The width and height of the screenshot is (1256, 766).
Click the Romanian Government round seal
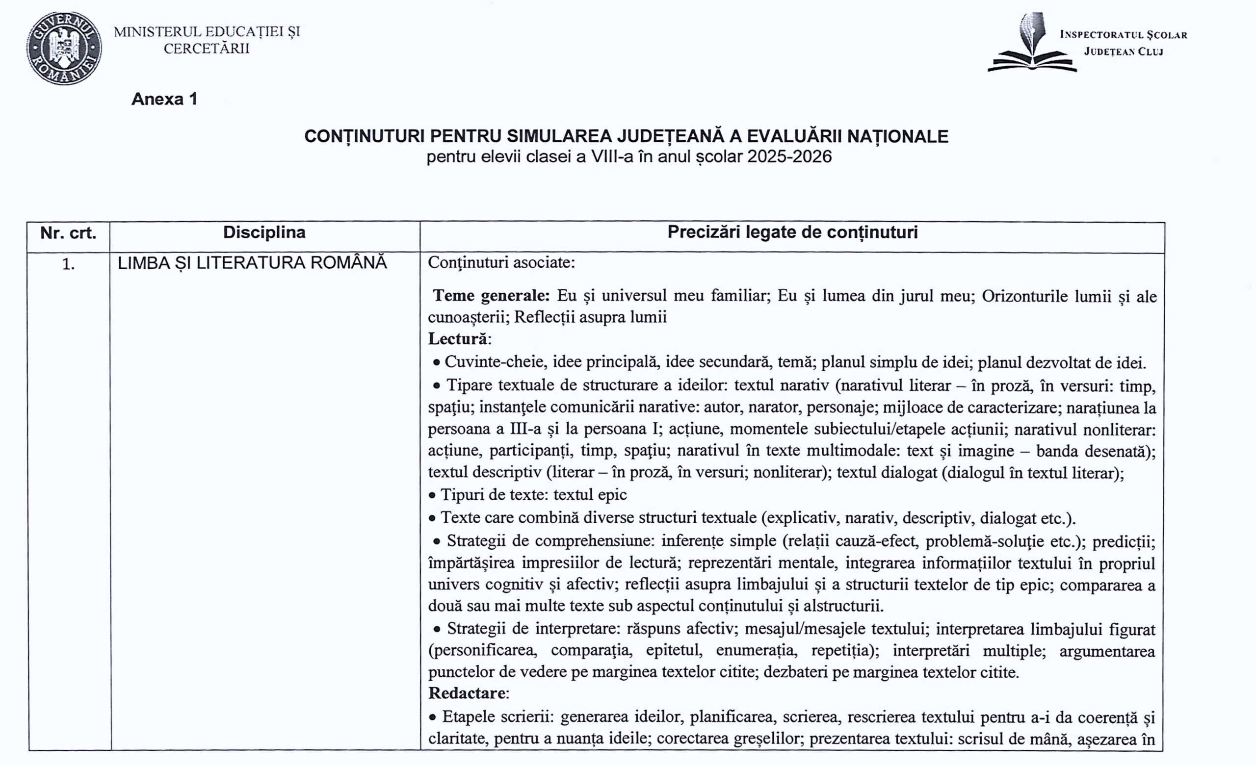64,49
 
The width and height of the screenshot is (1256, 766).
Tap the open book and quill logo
1032,43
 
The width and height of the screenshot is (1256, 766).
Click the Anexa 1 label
164,99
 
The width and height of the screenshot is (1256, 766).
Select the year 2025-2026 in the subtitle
789,156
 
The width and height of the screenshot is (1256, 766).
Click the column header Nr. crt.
68,233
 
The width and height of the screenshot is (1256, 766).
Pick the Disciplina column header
264,232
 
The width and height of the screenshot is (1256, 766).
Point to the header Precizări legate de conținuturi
792,232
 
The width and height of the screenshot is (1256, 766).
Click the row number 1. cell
68,264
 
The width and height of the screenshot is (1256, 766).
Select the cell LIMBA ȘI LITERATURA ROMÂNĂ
252,263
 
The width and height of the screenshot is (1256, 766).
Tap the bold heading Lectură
458,338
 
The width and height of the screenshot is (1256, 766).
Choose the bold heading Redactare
467,693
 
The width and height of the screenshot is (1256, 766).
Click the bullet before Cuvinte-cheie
436,363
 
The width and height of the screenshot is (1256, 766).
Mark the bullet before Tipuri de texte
432,495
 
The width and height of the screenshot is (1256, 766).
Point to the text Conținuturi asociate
501,262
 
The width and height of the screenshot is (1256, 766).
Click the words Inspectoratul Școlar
1124,35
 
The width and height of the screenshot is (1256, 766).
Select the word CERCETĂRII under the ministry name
207,49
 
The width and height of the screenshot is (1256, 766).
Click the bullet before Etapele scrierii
432,717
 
